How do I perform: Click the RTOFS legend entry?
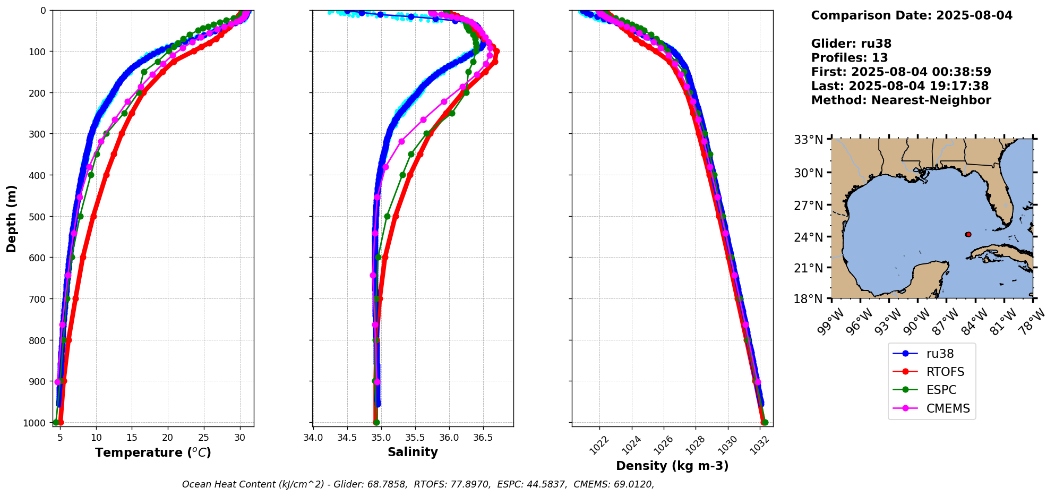pyautogui.click(x=945, y=372)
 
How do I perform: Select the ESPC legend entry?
pyautogui.click(x=941, y=390)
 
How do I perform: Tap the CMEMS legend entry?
pyautogui.click(x=948, y=408)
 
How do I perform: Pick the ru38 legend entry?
pyautogui.click(x=940, y=354)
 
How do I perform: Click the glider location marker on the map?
pyautogui.click(x=968, y=234)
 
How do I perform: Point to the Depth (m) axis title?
pyautogui.click(x=12, y=218)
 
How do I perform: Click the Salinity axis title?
pyautogui.click(x=413, y=452)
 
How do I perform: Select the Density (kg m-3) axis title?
pyautogui.click(x=672, y=466)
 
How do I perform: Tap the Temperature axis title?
pyautogui.click(x=153, y=452)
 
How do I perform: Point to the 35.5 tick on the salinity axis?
pyautogui.click(x=415, y=437)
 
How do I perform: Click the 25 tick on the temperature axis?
pyautogui.click(x=204, y=437)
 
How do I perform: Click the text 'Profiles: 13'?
pyautogui.click(x=849, y=58)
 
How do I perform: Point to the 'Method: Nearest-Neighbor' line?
pyautogui.click(x=900, y=100)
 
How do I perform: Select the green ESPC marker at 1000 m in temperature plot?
pyautogui.click(x=56, y=422)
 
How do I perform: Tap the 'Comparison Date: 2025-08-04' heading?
pyautogui.click(x=911, y=15)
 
